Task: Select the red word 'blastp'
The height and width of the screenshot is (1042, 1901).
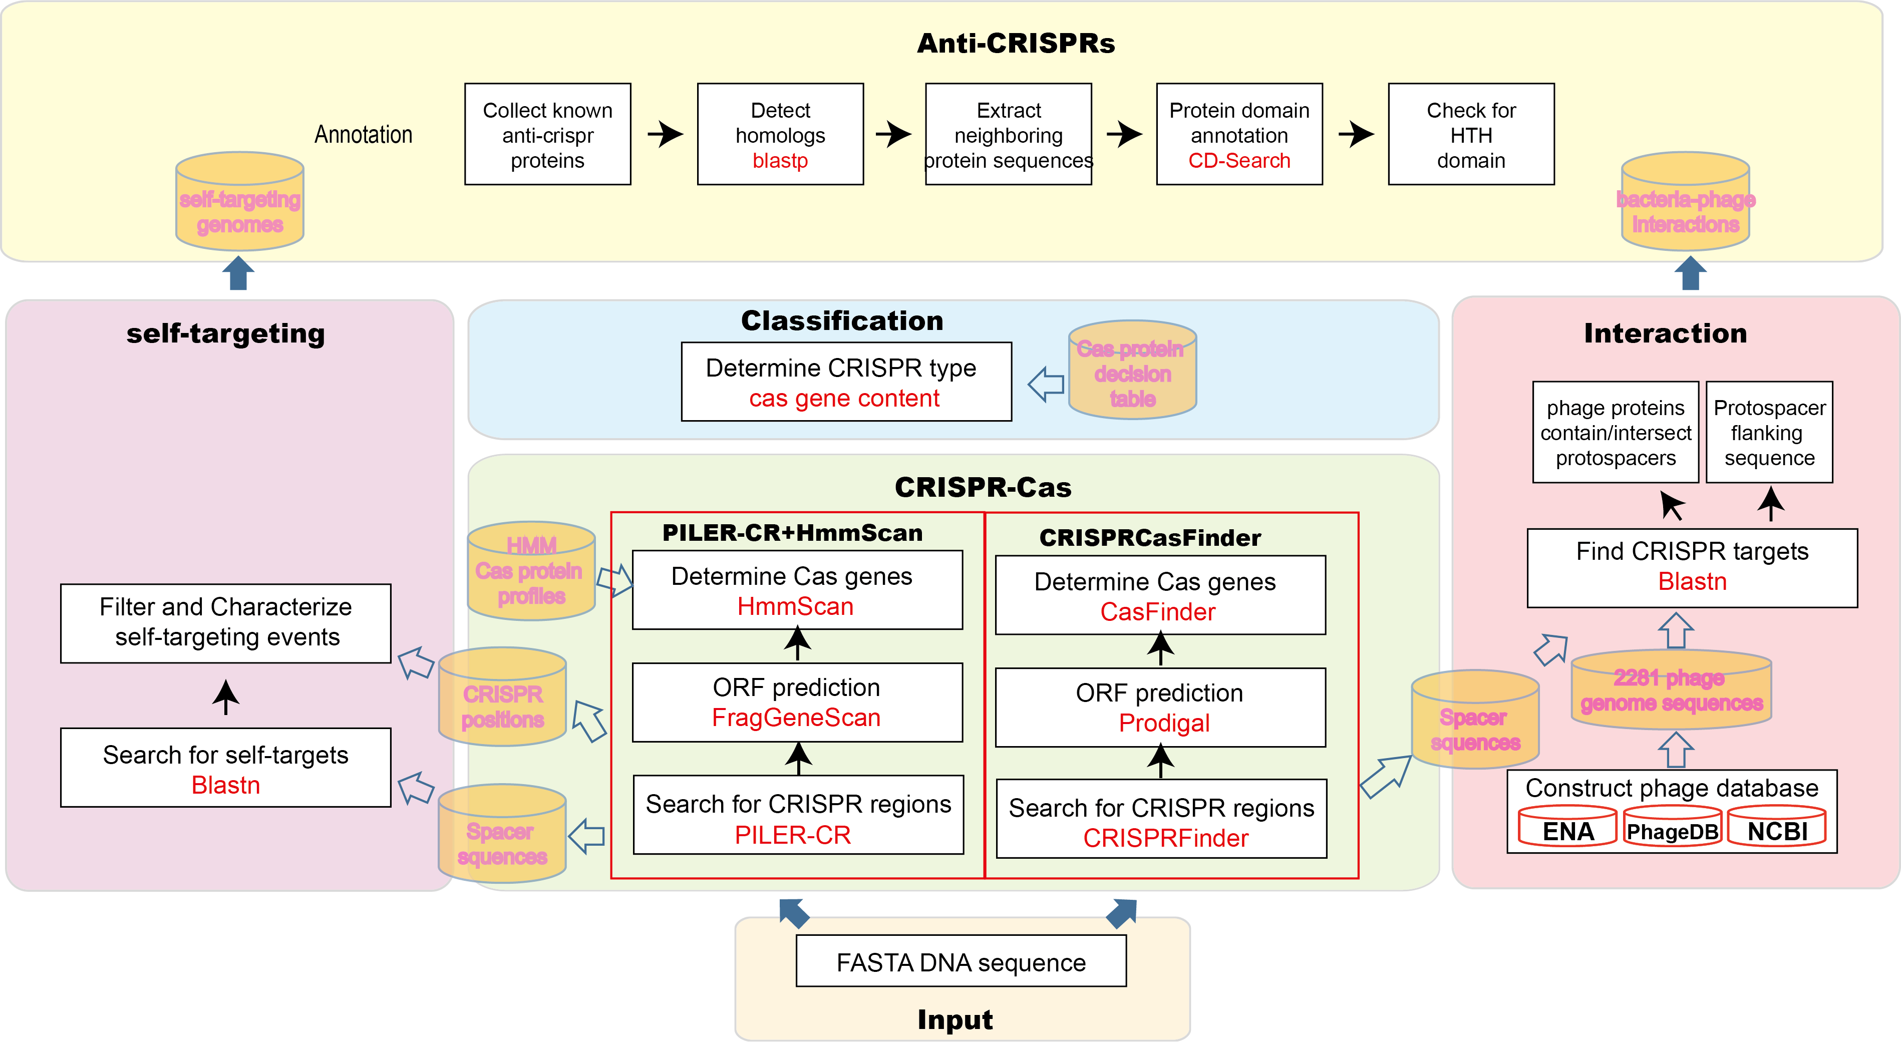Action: [x=780, y=161]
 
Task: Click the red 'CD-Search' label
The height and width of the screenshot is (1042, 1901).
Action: [x=1239, y=161]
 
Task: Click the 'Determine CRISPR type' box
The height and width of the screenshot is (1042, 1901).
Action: [x=846, y=382]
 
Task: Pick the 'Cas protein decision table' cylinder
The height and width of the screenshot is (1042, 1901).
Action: [x=1132, y=371]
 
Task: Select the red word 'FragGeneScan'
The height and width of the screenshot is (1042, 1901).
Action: [x=796, y=718]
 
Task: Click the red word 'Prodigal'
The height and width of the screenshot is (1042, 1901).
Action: [x=1164, y=723]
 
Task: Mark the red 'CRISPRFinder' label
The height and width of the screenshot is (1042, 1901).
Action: [x=1165, y=838]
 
